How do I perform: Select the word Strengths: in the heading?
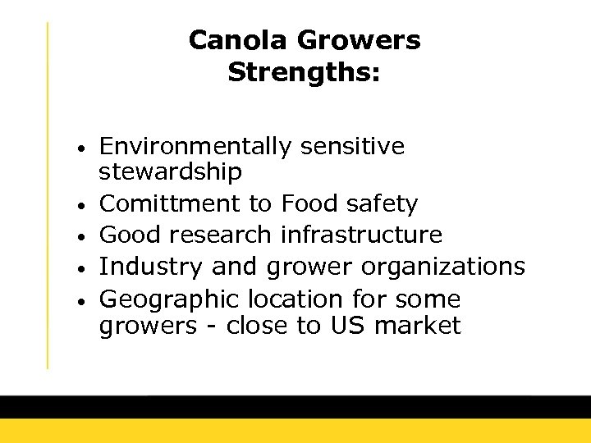[x=304, y=73]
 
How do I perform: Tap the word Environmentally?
[x=195, y=148]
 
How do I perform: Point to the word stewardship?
[x=171, y=172]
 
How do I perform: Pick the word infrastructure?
[x=361, y=235]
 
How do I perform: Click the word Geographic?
[x=172, y=299]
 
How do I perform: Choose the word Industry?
[x=152, y=267]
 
